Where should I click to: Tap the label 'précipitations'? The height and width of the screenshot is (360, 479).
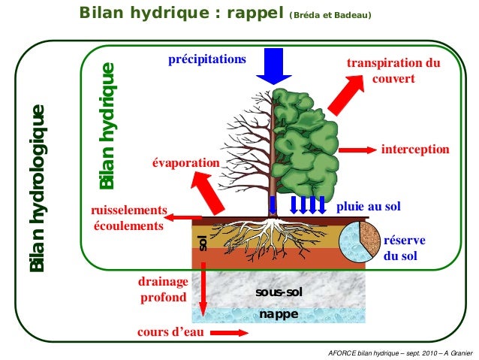(x=207, y=59)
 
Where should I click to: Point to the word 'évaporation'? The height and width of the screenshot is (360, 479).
(x=185, y=163)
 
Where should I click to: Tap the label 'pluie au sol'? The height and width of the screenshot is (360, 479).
(x=369, y=206)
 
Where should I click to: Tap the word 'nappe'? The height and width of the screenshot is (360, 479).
(x=278, y=313)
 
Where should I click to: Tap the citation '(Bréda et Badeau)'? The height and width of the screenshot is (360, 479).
(x=330, y=14)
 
